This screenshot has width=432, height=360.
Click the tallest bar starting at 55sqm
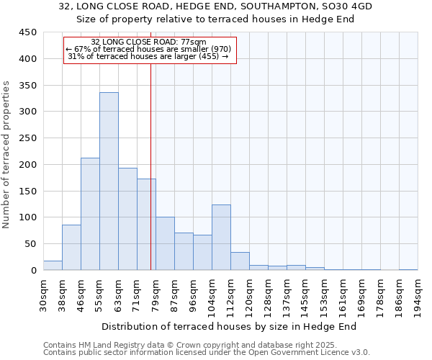(x=109, y=181)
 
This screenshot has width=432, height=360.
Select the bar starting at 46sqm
(x=90, y=214)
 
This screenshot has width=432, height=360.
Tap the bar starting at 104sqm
(x=221, y=238)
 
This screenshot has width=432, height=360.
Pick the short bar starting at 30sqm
(x=53, y=265)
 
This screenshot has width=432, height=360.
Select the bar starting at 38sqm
(x=71, y=248)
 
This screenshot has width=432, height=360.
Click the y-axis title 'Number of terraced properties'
(x=6, y=155)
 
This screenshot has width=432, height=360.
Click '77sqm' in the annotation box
(x=194, y=42)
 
